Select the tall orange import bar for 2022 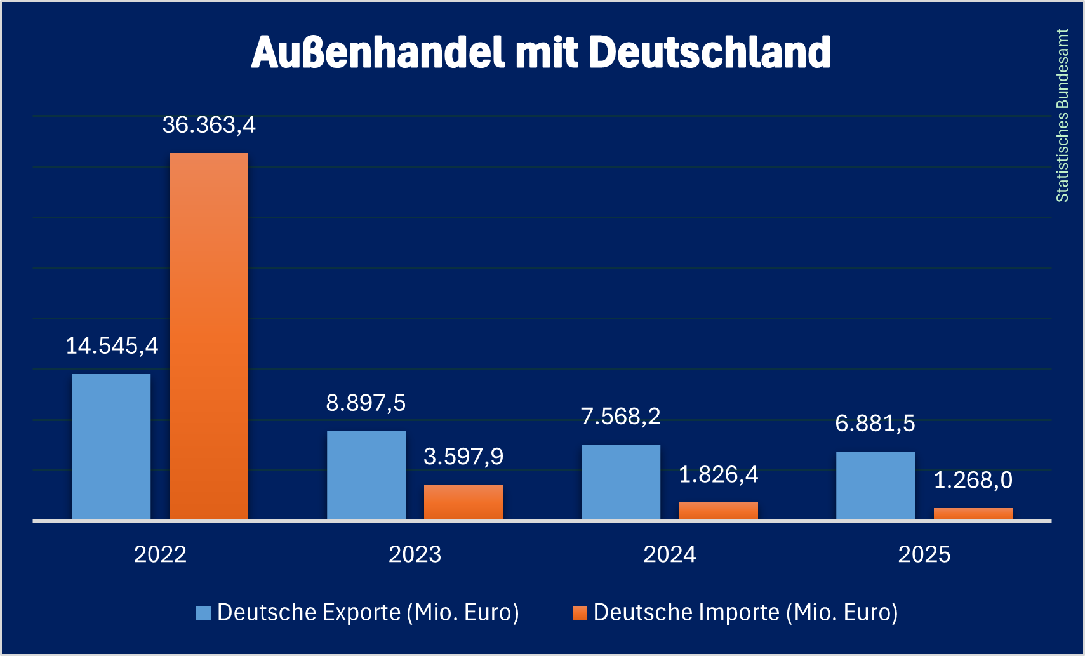[209, 337]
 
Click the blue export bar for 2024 [621, 482]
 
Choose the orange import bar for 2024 [719, 511]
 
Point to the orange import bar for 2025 [973, 514]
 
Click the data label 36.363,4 [209, 125]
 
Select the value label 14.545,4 [112, 346]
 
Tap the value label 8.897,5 [366, 403]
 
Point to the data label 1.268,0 [973, 481]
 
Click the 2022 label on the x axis [160, 554]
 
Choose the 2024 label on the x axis [670, 554]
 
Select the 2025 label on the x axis [924, 554]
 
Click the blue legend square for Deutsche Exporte [203, 613]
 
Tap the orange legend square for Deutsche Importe [579, 613]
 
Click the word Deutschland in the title [710, 52]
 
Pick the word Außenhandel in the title [378, 52]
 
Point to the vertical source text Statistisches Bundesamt [1062, 116]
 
